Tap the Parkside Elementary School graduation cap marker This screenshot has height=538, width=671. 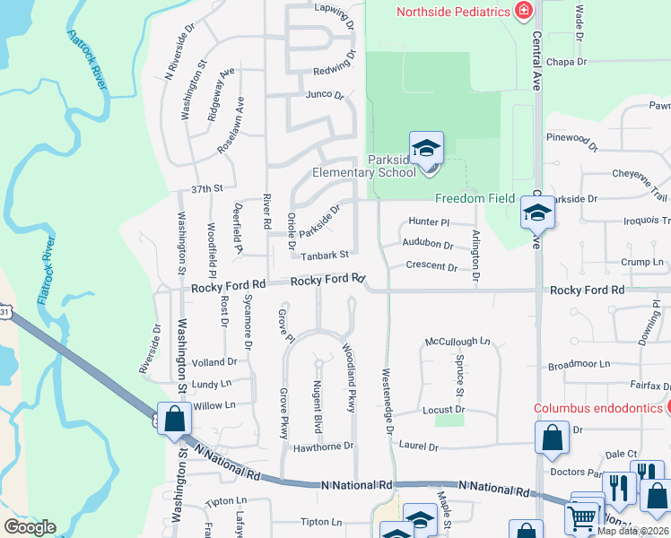click(426, 147)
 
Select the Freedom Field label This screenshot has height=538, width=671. click(475, 198)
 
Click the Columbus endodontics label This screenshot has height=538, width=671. click(598, 407)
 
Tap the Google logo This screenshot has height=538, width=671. click(30, 527)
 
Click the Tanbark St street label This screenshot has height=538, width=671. click(324, 256)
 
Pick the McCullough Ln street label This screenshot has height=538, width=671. click(457, 342)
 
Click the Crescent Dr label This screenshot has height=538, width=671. click(431, 266)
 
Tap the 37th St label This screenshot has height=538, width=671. click(206, 189)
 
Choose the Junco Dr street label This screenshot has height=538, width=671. click(325, 94)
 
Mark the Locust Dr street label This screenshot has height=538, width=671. click(442, 410)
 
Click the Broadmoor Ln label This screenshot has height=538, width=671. click(579, 365)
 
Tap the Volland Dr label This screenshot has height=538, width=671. click(214, 362)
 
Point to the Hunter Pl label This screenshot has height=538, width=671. click(428, 221)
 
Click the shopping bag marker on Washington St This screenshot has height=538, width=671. click(174, 418)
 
